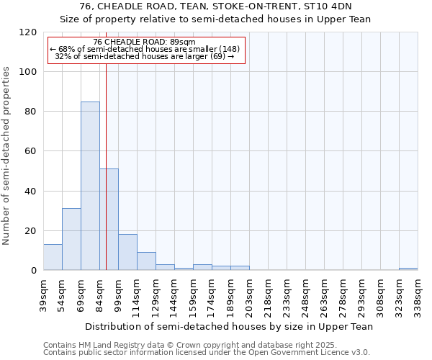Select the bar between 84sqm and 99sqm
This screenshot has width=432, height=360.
point(109,220)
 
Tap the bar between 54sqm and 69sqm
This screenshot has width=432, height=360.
point(71,239)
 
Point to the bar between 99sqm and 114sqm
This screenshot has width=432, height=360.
point(127,252)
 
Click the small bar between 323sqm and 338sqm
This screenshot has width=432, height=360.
point(408,269)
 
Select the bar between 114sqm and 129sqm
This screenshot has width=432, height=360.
point(146,261)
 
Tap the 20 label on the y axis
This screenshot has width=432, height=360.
point(31,231)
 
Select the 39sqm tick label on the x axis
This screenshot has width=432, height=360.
point(44,295)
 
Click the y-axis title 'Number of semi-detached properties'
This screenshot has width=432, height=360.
point(7,151)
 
